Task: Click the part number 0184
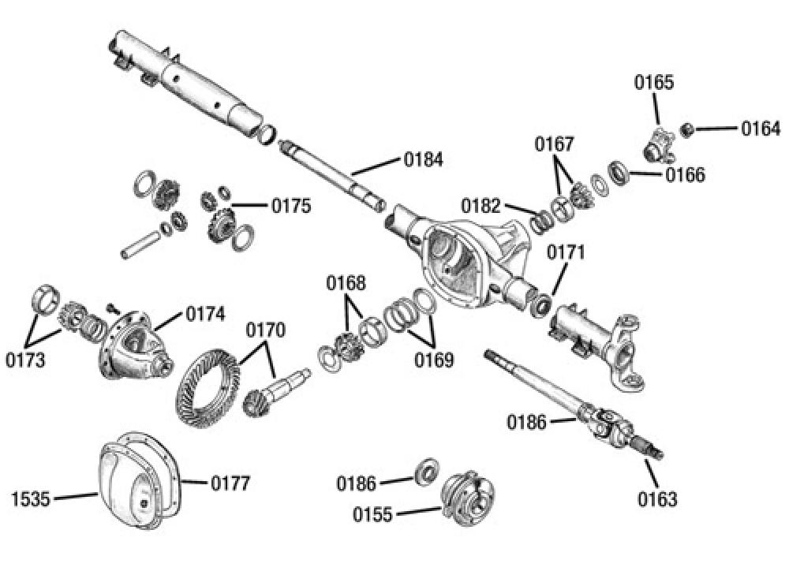coord(424,159)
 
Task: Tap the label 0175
coord(291,207)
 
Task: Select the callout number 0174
coord(206,313)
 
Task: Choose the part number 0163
coord(658,498)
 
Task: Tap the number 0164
coord(761,129)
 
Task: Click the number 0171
coord(566,253)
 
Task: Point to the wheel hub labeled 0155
coord(468,496)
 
